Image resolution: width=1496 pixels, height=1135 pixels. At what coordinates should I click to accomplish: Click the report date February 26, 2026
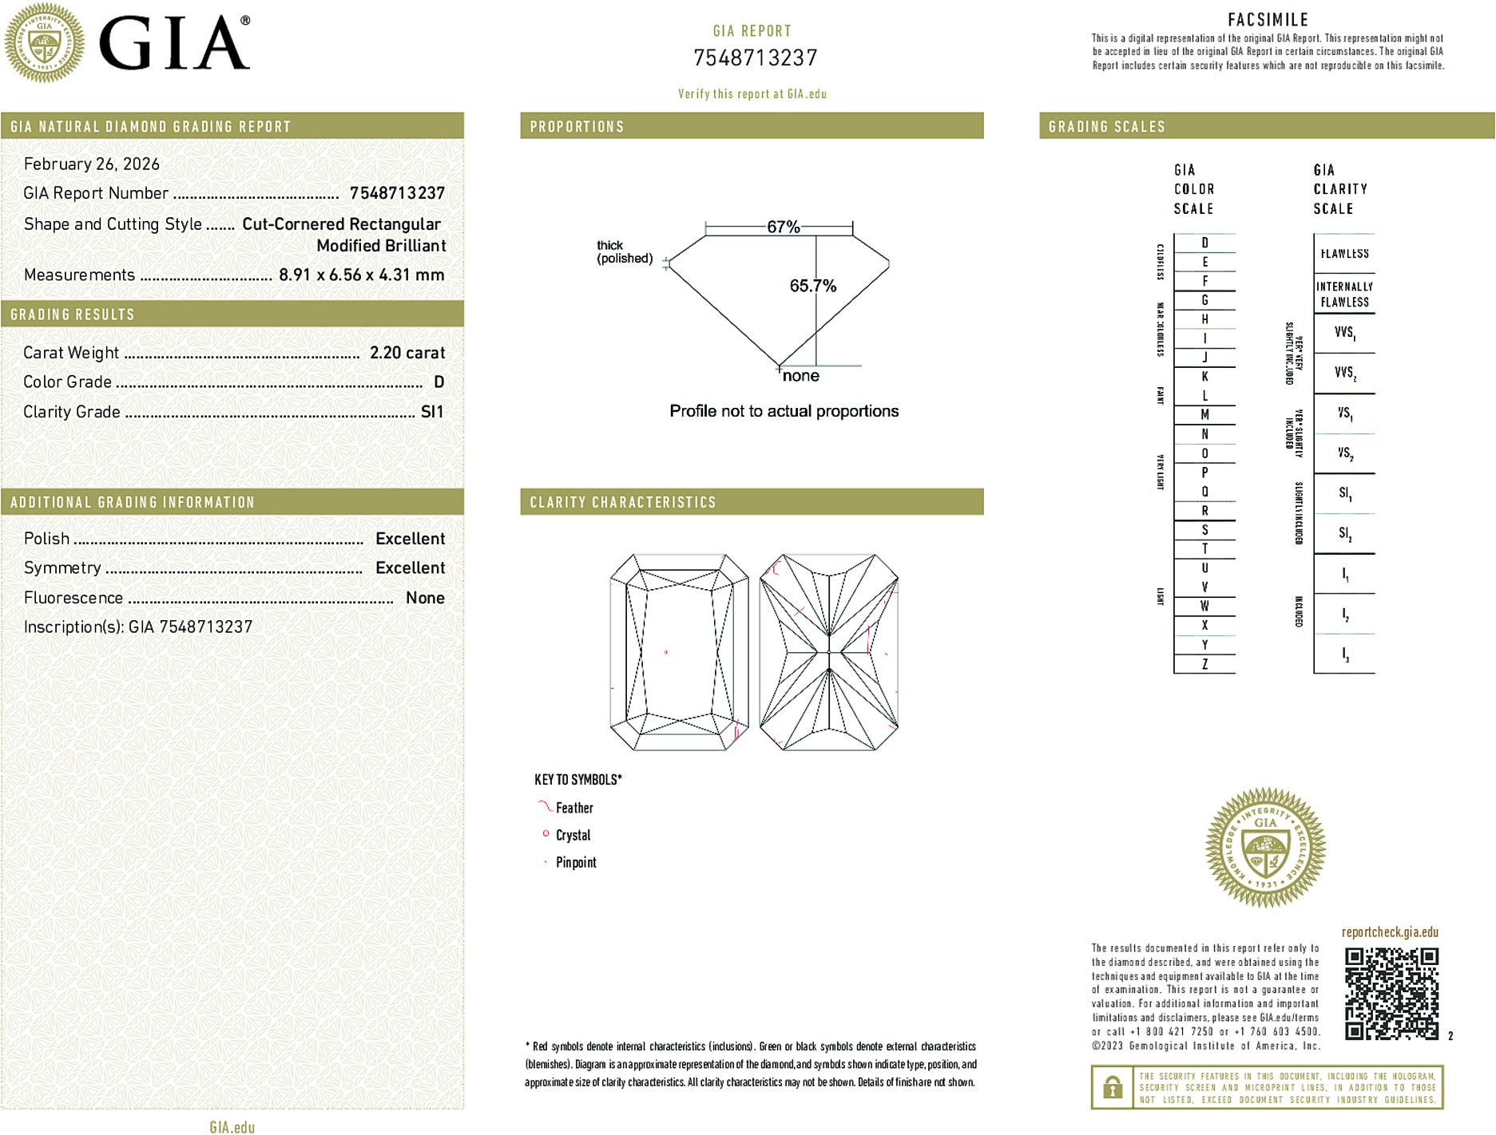point(92,164)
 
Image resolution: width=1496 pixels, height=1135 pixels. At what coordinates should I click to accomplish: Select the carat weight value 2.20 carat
point(407,353)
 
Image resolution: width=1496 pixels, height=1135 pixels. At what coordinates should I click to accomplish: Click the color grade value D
point(438,382)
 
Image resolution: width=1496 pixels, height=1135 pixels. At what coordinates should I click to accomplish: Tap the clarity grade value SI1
point(432,412)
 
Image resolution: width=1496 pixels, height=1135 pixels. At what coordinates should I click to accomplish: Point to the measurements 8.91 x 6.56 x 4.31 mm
point(361,275)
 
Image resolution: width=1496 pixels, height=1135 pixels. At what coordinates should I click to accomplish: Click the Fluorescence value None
point(425,598)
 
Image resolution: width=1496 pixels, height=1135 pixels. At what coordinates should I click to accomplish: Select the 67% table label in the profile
point(783,227)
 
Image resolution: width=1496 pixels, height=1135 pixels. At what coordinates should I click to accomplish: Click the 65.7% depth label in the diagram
point(812,286)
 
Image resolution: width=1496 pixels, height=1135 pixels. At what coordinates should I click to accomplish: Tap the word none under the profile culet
point(800,376)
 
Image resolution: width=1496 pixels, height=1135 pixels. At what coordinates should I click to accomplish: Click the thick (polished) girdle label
point(624,252)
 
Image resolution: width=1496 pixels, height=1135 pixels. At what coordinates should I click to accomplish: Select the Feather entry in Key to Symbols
point(574,808)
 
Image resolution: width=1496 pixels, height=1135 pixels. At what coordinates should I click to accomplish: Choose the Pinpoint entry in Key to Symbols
point(576,862)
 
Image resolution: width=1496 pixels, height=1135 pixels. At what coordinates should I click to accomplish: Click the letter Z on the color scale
point(1204,664)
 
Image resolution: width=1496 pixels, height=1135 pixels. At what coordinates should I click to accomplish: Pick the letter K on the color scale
point(1204,377)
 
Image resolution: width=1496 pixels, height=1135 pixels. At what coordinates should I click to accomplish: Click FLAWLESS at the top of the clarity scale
point(1344,254)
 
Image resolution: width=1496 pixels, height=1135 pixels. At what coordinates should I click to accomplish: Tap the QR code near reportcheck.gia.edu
point(1391,993)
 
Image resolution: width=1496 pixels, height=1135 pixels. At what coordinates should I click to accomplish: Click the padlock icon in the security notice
point(1112,1087)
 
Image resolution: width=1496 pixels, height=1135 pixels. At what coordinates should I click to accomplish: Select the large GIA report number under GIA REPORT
point(755,58)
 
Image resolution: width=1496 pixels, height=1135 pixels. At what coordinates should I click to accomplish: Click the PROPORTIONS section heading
point(577,127)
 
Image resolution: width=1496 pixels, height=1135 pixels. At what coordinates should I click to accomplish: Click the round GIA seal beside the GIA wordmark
point(45,43)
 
